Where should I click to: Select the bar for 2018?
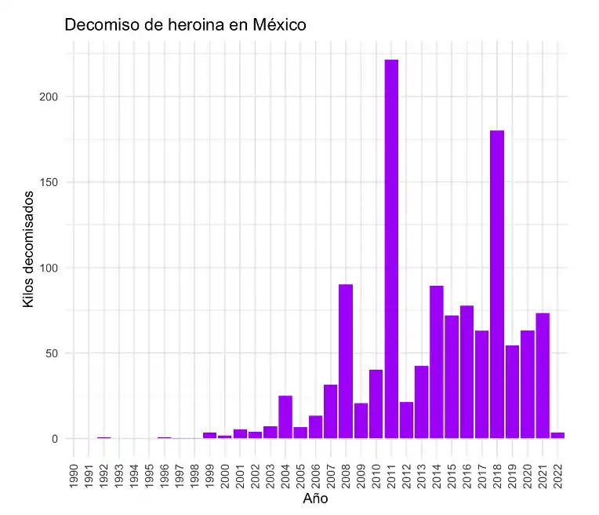497,283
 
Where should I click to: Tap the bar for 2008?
346,360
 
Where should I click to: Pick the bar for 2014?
437,361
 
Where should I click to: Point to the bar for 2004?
285,417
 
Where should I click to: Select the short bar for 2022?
557,435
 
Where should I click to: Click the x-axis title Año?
315,499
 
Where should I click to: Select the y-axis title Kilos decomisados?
28,248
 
